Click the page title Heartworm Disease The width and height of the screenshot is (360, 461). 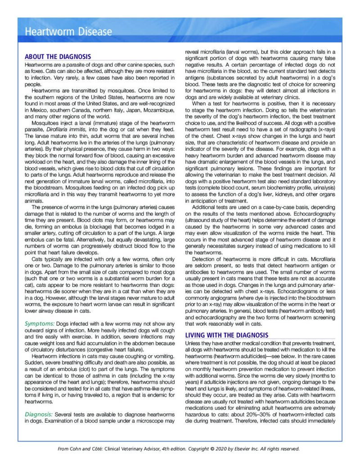pyautogui.click(x=68, y=32)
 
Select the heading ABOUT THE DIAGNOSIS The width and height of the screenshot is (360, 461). pyautogui.click(x=58, y=57)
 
